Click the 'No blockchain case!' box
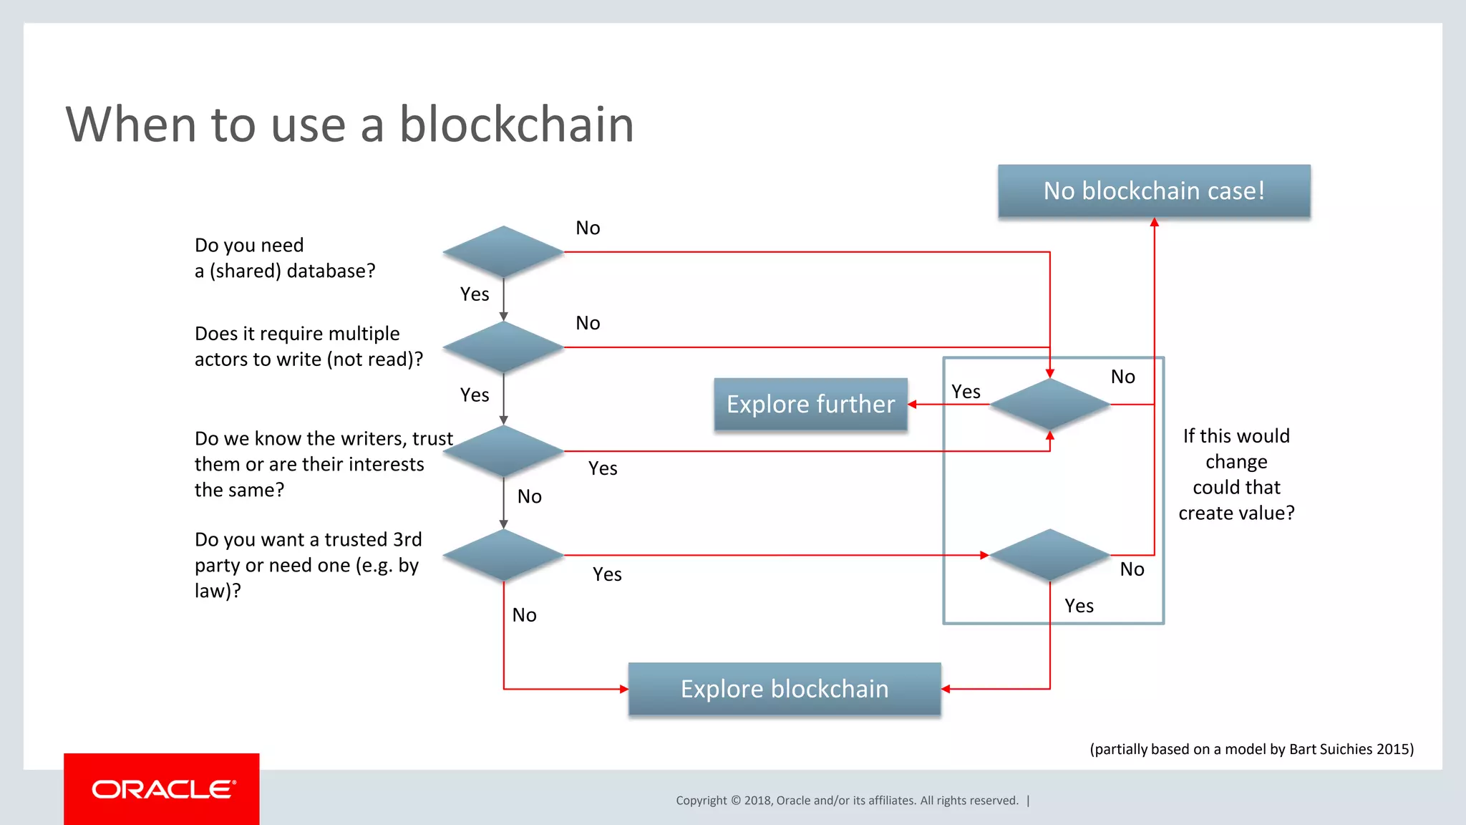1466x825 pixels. [1154, 191]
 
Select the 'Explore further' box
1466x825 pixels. [810, 405]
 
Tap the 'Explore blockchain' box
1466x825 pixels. [785, 689]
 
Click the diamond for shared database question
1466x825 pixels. [503, 252]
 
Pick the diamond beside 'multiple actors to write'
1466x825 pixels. [503, 347]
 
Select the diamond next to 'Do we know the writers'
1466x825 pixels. [503, 451]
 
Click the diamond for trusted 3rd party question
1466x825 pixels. [503, 555]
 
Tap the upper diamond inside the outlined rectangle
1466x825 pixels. [1049, 405]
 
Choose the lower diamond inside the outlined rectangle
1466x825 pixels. [1049, 555]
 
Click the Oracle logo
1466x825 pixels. [162, 789]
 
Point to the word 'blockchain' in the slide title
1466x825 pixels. [516, 125]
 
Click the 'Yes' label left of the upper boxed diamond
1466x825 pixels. [966, 392]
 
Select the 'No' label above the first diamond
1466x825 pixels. [588, 228]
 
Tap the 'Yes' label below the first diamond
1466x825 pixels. [475, 294]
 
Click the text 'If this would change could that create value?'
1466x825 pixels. [1236, 474]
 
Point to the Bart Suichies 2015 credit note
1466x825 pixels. [1251, 749]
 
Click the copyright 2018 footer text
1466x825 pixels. [847, 801]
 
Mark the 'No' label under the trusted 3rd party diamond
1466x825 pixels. [524, 615]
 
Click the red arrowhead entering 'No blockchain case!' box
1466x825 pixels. [1154, 223]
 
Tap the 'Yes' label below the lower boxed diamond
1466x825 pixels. [1079, 606]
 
